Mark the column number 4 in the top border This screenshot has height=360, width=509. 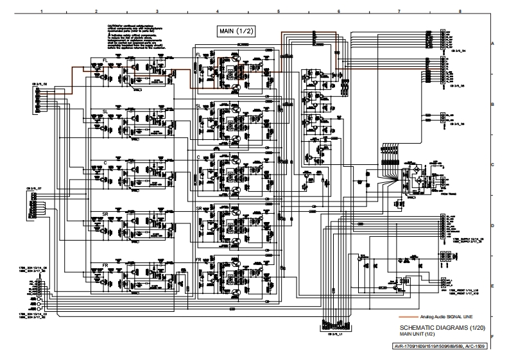pos(218,12)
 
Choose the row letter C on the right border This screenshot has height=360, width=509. pos(492,165)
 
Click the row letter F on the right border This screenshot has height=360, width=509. pos(492,336)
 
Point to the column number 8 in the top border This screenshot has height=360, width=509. pos(460,12)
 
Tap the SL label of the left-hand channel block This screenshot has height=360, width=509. pos(105,111)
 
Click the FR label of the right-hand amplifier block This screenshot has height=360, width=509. pos(199,259)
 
